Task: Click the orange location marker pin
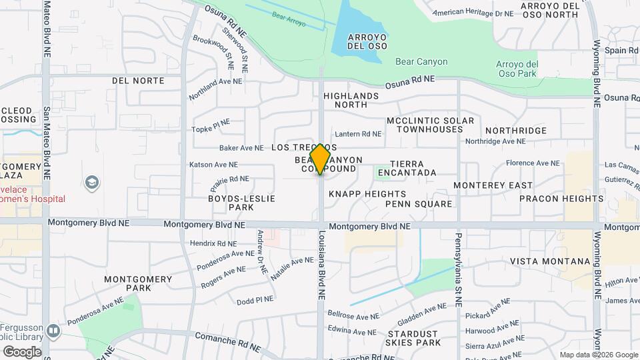[x=320, y=159]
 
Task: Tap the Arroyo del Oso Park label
[x=517, y=69]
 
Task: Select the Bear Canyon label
[x=421, y=61]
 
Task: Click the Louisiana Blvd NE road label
[x=322, y=265]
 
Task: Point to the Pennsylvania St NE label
[x=459, y=269]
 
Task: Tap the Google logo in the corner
[x=22, y=351]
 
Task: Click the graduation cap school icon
[x=91, y=182]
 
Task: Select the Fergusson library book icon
[x=53, y=331]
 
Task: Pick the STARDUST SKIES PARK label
[x=413, y=338]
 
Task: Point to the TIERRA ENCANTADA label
[x=407, y=168]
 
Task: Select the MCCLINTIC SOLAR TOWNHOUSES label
[x=430, y=125]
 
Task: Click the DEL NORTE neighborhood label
[x=138, y=81]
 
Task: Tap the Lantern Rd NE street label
[x=358, y=134]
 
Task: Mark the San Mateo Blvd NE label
[x=47, y=143]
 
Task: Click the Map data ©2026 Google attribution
[x=599, y=355]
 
